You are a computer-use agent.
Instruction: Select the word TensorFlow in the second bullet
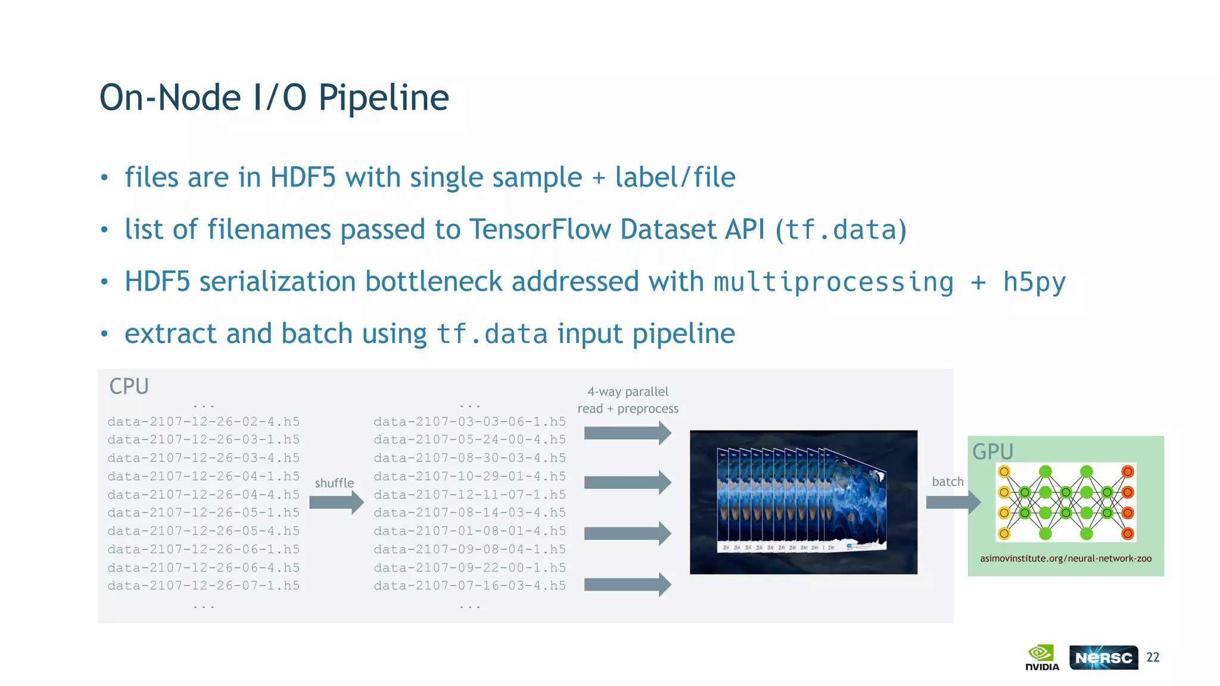tap(540, 230)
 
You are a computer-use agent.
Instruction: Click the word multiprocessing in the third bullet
tap(833, 282)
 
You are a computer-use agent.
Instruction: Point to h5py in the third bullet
tap(1034, 282)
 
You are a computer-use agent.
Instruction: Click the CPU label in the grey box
tap(129, 386)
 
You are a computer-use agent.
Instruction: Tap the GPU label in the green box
tap(992, 451)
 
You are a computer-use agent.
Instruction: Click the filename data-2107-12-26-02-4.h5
tap(204, 422)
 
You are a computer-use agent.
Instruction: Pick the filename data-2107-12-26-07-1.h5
tap(204, 586)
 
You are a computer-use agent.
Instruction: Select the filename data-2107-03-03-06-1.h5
tap(469, 422)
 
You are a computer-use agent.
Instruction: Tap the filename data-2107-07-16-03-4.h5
tap(469, 586)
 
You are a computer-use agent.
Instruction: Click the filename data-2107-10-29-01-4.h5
tap(469, 476)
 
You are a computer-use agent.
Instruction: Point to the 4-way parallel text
tap(628, 392)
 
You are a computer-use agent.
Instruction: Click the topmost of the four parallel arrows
tap(627, 433)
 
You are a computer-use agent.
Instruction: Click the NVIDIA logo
tap(1042, 657)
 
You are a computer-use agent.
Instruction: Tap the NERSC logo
tap(1103, 657)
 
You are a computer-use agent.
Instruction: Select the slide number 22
tap(1153, 657)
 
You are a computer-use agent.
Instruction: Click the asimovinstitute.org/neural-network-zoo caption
tap(1066, 559)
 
